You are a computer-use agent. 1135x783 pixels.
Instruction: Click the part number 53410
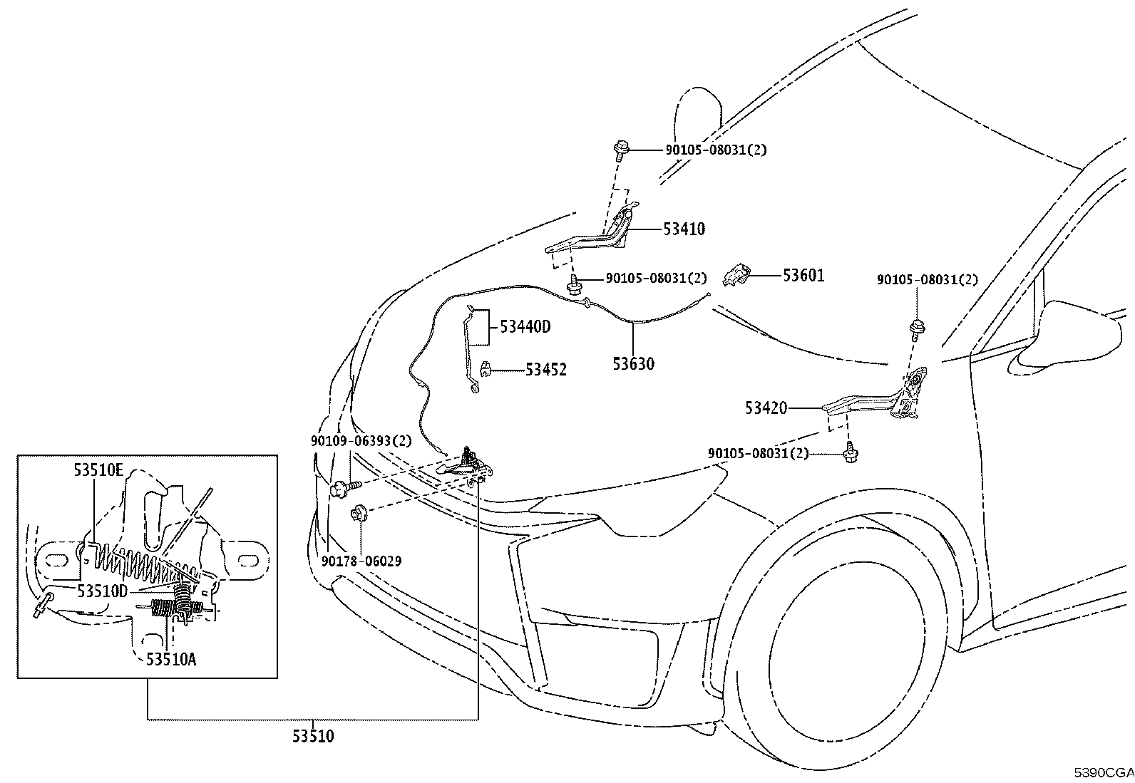(x=684, y=229)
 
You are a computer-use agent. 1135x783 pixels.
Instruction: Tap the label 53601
(x=803, y=276)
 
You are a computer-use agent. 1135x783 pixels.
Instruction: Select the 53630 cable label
(x=633, y=363)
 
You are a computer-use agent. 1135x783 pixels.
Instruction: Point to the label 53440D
(x=525, y=327)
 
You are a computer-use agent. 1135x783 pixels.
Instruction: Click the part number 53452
(x=545, y=370)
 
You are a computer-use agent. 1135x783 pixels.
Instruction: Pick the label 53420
(x=766, y=408)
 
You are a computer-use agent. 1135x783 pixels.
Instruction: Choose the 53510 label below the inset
(x=313, y=737)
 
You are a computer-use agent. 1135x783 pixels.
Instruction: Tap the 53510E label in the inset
(x=98, y=470)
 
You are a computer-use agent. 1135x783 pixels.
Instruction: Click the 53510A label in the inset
(x=171, y=660)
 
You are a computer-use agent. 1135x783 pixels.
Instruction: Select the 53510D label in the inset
(x=103, y=591)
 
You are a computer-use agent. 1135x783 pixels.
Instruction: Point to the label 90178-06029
(x=361, y=561)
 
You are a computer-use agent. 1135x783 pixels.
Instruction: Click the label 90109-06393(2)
(x=361, y=441)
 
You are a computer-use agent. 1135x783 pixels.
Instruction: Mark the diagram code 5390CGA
(x=1104, y=773)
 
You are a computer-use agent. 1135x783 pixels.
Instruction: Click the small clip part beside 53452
(x=485, y=369)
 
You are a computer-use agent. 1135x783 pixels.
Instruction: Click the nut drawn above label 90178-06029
(x=359, y=513)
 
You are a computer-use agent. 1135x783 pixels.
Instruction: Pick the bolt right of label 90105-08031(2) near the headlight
(x=850, y=452)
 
